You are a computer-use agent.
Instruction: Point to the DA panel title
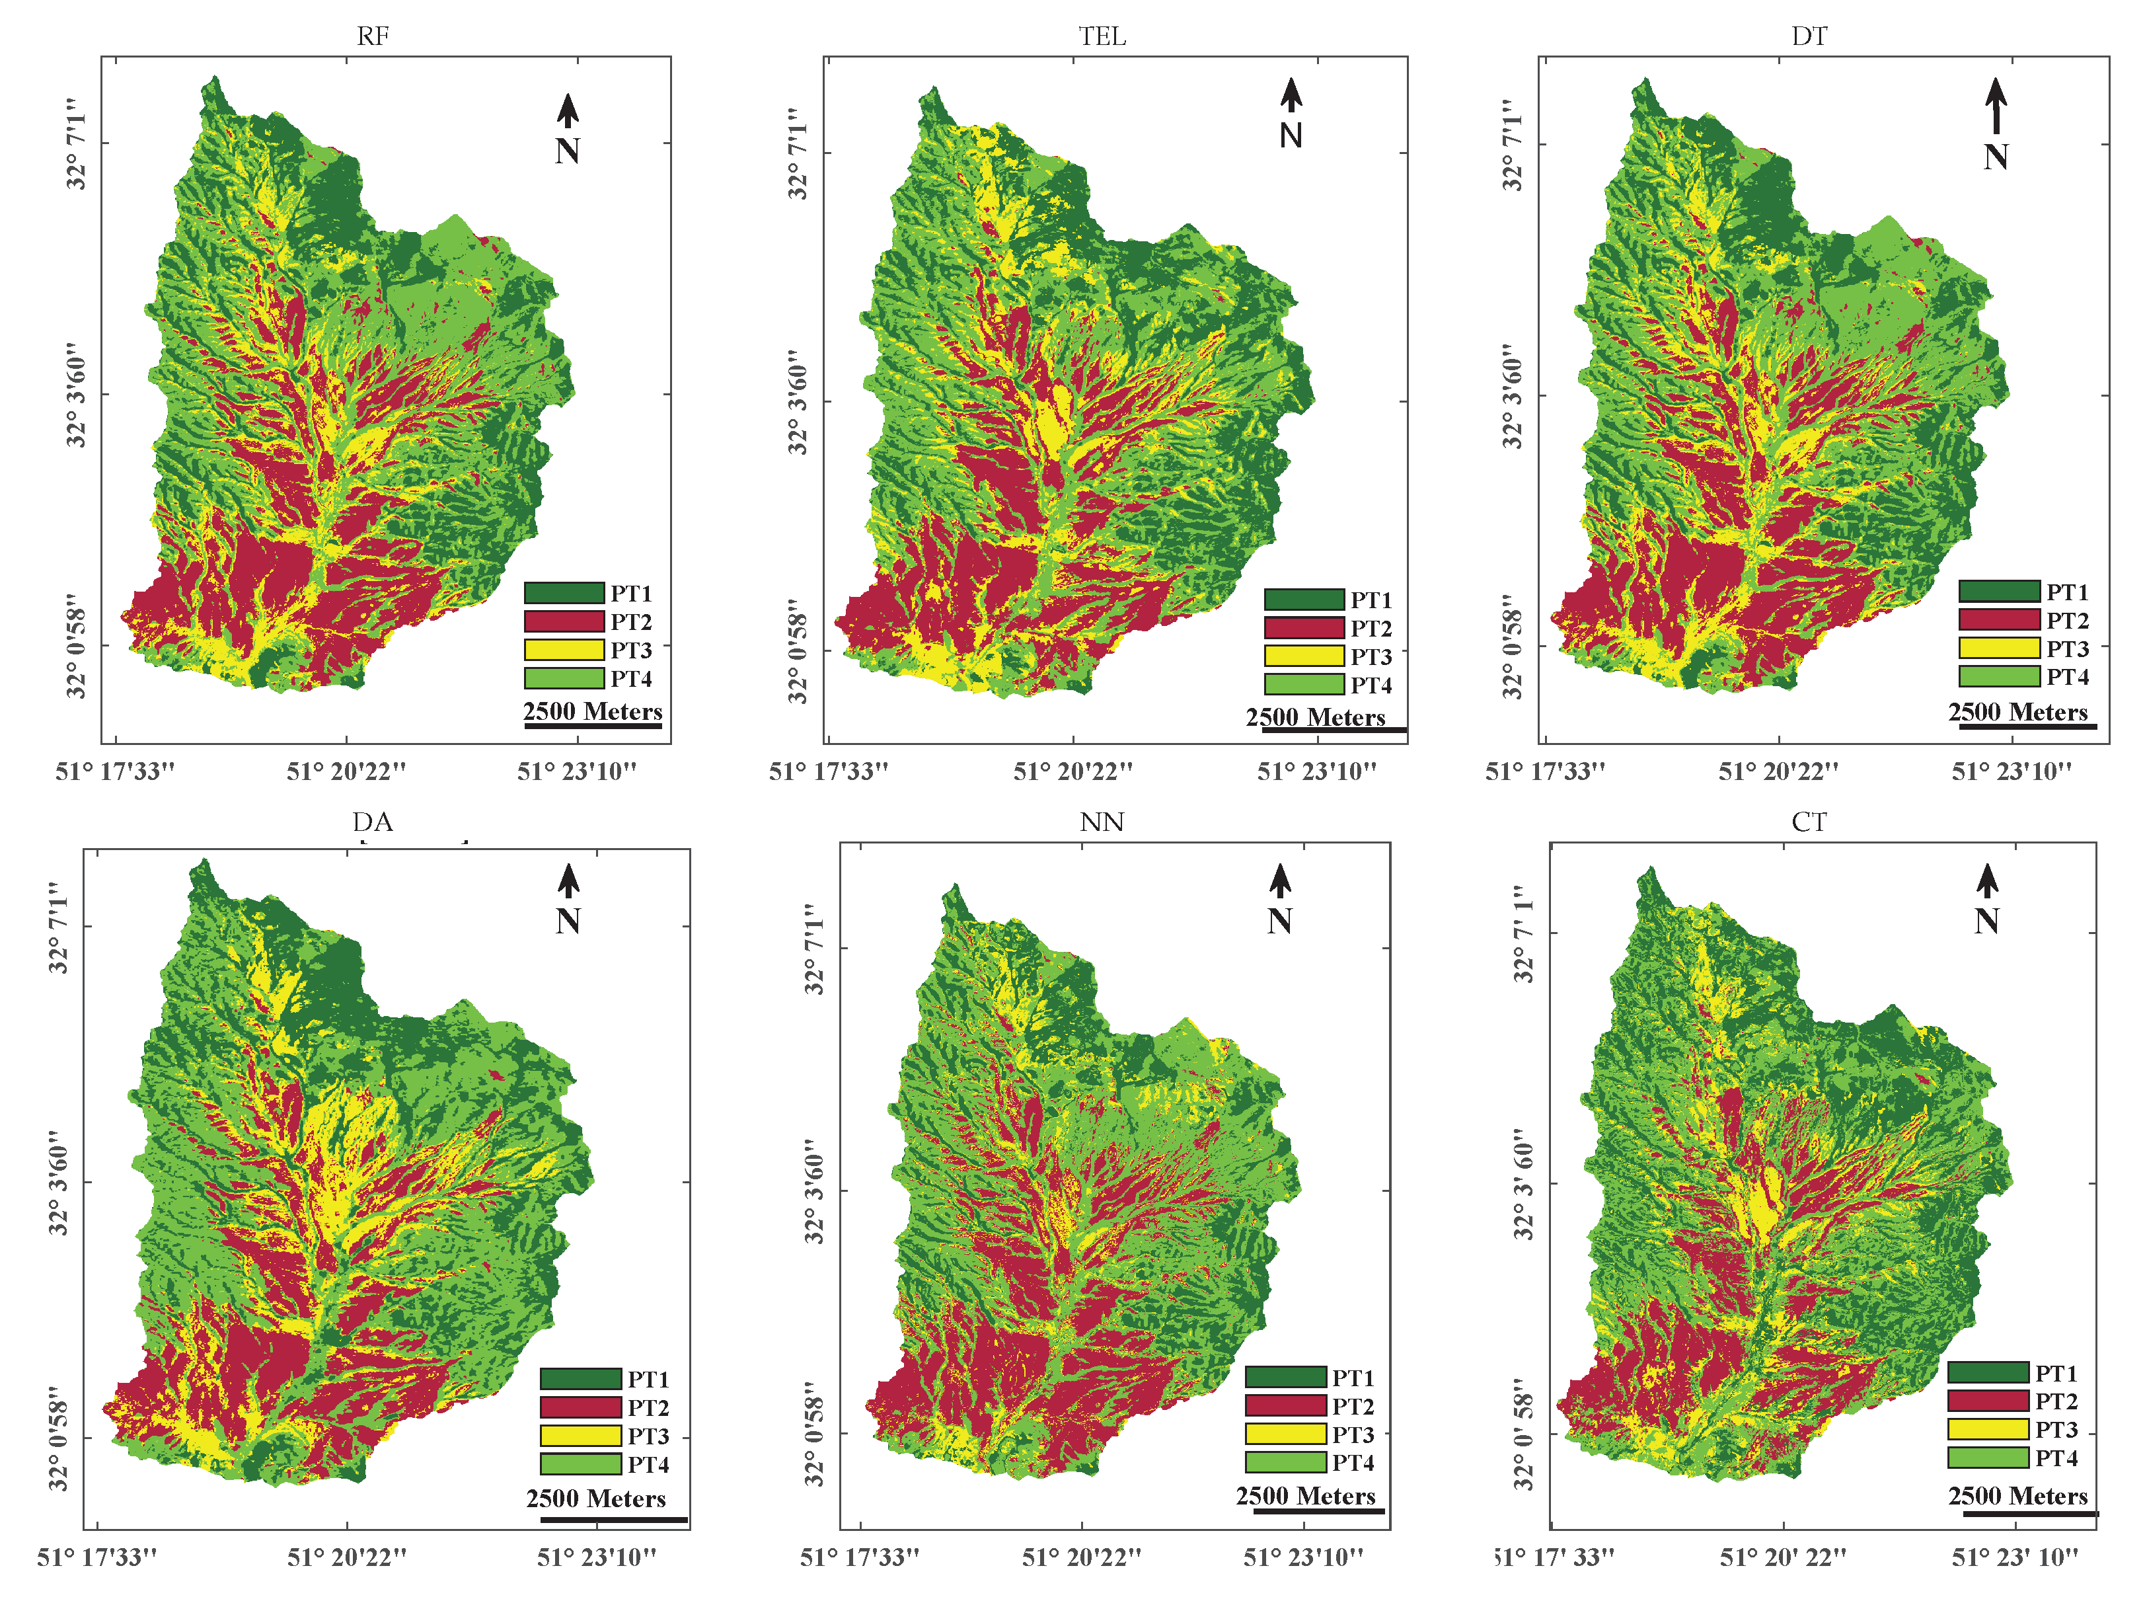tap(373, 822)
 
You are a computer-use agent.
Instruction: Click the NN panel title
tap(1102, 822)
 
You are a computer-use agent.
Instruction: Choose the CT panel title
tap(1809, 822)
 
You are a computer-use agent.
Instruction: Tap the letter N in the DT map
tap(1996, 157)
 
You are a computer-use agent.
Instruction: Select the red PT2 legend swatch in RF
tap(564, 621)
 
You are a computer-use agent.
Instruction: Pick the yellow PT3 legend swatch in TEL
tap(1304, 656)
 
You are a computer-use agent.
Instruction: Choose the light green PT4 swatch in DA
tap(581, 1464)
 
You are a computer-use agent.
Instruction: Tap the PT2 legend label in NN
tap(1353, 1405)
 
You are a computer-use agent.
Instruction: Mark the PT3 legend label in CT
tap(2056, 1429)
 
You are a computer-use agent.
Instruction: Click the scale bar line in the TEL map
tap(1334, 729)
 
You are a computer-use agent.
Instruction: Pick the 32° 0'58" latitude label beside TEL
tap(797, 650)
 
